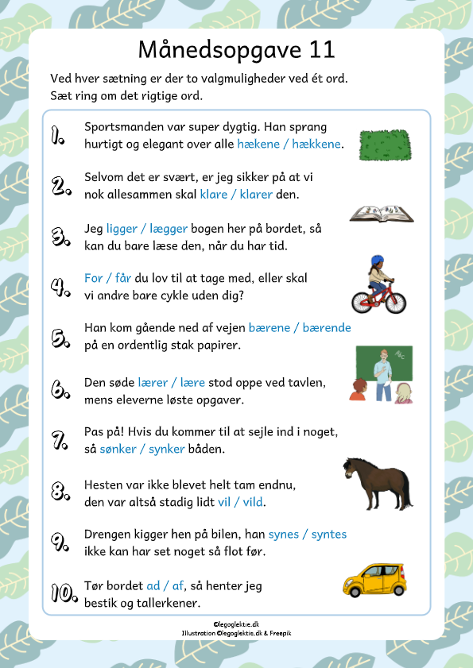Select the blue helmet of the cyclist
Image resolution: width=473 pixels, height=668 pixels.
coord(377,261)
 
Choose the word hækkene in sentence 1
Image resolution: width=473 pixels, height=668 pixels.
coord(316,145)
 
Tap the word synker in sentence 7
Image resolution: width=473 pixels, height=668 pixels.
coord(165,450)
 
